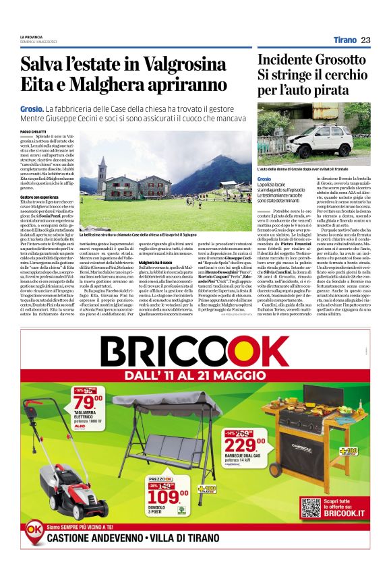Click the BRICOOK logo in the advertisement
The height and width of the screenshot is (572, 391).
[x=195, y=354]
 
